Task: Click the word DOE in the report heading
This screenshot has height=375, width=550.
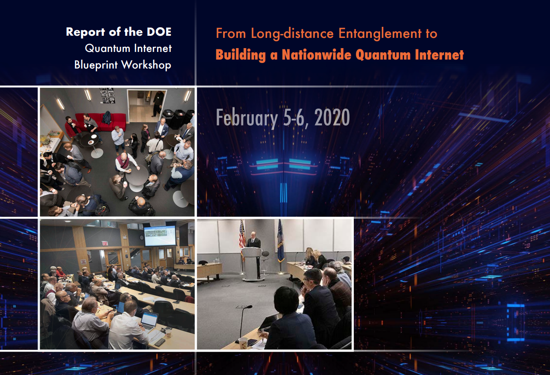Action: point(159,32)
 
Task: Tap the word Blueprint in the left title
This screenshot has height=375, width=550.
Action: point(96,65)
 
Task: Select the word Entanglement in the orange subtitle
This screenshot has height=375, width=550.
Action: point(380,34)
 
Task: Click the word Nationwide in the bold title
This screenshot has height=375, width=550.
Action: point(316,54)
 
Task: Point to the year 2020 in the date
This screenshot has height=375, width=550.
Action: point(332,117)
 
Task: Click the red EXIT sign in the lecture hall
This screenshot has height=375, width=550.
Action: point(105,243)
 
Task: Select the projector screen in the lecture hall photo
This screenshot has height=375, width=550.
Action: point(160,235)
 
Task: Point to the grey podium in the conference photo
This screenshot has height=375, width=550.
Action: point(252,263)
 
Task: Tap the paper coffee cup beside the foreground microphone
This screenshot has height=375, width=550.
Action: point(243,343)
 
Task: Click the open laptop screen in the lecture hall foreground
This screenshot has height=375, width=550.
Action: point(149,318)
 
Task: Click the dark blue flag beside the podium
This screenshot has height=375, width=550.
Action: point(281,241)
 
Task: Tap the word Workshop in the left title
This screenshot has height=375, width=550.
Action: point(146,65)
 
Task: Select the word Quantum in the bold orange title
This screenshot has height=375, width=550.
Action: point(383,55)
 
